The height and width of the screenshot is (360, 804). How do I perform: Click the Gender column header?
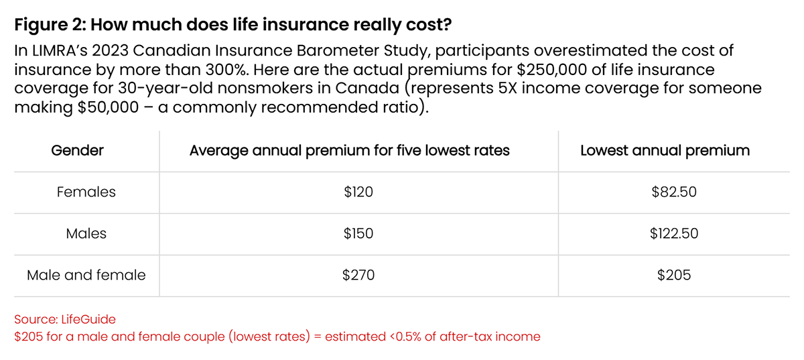coord(77,150)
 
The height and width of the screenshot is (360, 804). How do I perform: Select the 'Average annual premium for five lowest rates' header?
coord(349,150)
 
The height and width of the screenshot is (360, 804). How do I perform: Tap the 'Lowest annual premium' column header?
coord(665,150)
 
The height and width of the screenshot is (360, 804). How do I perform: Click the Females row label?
coord(86,192)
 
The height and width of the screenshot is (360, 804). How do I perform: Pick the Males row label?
coord(86,233)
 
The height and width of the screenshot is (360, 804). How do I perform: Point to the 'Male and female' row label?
coord(86,274)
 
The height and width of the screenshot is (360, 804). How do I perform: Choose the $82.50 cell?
coord(674,192)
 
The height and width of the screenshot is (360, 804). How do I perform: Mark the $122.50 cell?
coord(674,233)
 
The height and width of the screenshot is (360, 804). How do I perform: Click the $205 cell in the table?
coord(674,274)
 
